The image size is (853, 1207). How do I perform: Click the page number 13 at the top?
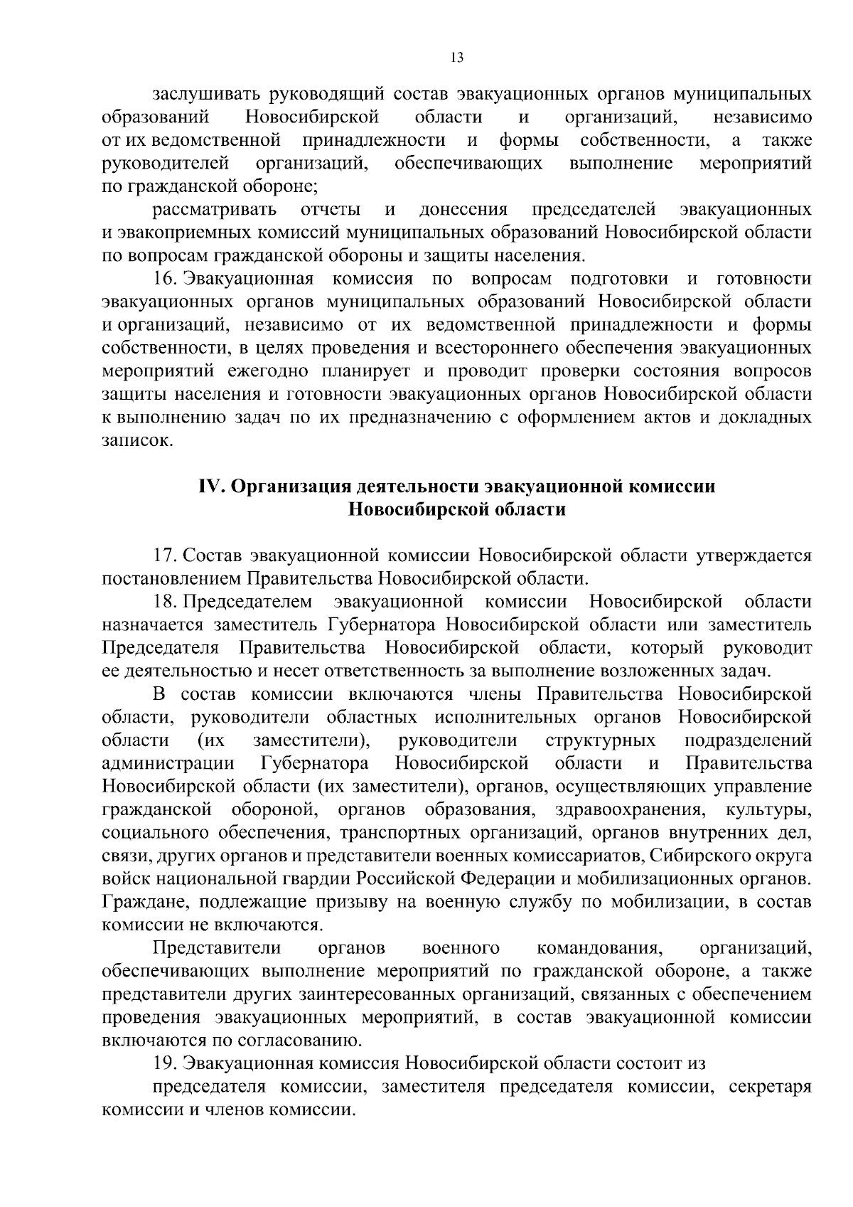click(x=457, y=58)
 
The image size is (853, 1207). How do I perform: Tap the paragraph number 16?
click(x=163, y=278)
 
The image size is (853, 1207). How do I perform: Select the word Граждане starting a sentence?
click(x=145, y=903)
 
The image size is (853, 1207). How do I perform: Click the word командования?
click(x=600, y=948)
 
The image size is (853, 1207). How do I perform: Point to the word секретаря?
click(x=770, y=1087)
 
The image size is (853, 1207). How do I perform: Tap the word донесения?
click(x=463, y=209)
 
